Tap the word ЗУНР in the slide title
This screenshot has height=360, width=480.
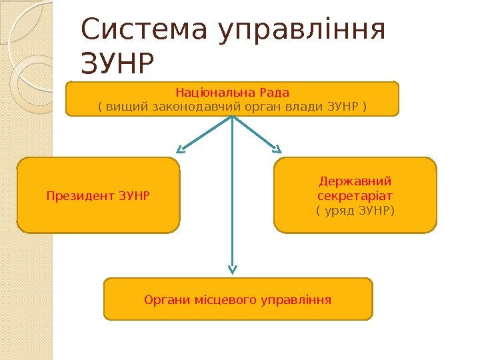tap(117, 65)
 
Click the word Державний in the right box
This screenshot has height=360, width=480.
tap(355, 181)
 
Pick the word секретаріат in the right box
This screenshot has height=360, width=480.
tap(355, 196)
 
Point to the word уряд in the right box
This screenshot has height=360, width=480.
tap(342, 211)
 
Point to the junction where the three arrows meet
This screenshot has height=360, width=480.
tap(232, 117)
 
